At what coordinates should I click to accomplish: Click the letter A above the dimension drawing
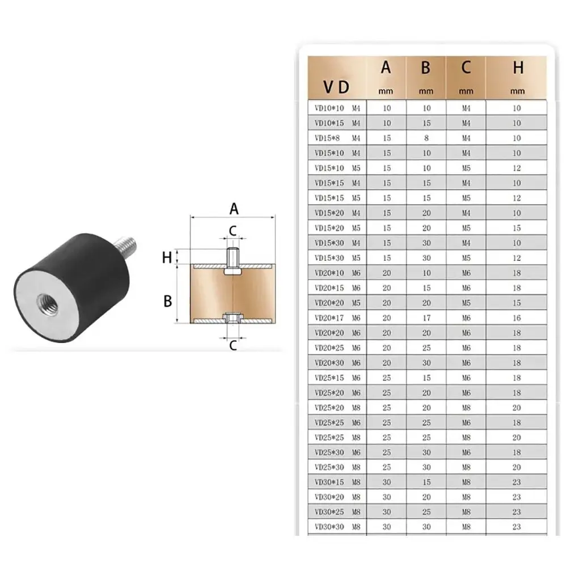click(x=234, y=209)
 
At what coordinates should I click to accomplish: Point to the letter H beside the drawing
click(x=167, y=257)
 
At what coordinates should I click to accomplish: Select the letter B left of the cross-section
click(x=167, y=301)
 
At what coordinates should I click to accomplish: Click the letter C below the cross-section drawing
click(x=232, y=345)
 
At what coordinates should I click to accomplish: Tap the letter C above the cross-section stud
click(x=233, y=230)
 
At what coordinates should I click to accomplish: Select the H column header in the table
click(x=518, y=68)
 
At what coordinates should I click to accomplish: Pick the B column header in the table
click(x=426, y=68)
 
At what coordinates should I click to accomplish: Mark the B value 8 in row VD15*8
click(x=426, y=138)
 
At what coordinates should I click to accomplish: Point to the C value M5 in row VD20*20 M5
click(x=466, y=303)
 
